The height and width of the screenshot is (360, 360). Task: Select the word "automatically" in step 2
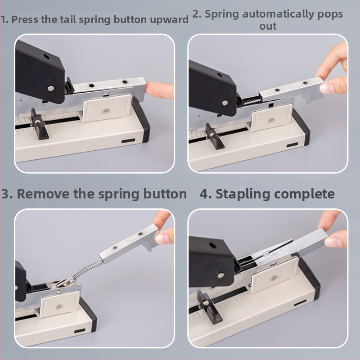278,14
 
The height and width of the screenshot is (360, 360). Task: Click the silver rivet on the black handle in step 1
51,88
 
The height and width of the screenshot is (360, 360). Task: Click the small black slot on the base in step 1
129,140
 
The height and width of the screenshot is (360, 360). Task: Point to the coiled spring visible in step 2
252,100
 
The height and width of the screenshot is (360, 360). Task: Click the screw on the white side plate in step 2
271,120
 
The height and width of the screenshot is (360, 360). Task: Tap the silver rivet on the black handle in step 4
221,275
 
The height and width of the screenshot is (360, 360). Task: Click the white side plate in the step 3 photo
59,304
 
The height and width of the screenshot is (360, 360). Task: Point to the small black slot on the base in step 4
300,303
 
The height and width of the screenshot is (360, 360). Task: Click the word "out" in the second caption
268,26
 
